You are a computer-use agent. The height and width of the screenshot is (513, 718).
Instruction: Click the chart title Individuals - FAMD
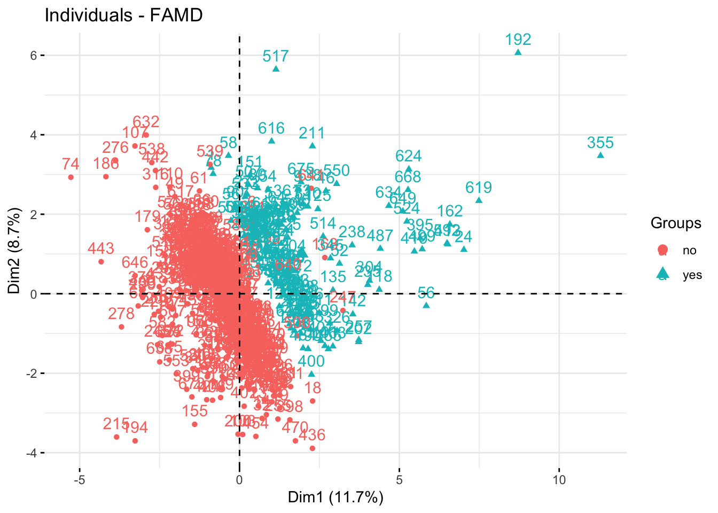123,15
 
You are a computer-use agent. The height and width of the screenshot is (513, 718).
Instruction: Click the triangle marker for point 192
518,52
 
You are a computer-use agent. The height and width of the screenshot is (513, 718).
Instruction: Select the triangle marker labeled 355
600,156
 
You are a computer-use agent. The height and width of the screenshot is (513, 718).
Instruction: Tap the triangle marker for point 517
276,69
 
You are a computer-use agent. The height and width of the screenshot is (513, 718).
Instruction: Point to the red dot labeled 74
71,177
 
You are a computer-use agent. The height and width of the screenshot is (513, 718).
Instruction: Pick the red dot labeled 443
101,262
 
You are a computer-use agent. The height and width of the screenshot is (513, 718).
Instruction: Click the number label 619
479,188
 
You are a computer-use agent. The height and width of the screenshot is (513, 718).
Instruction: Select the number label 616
271,128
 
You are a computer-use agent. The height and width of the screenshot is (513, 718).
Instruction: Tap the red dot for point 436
313,448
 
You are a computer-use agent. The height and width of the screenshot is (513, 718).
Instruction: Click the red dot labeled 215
116,437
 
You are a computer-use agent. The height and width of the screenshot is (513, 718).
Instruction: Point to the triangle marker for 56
426,305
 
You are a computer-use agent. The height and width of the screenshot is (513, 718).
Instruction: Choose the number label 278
121,314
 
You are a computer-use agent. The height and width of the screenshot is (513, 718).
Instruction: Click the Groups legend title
676,223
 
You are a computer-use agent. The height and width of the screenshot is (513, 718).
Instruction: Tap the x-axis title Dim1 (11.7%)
335,498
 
